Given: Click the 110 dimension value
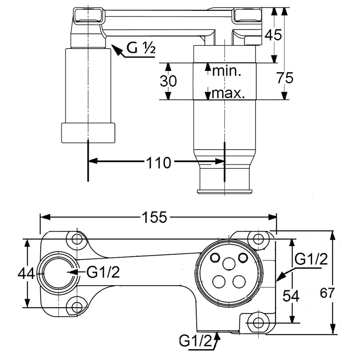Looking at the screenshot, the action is click(159, 163).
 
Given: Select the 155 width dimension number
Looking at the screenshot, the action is click(154, 217).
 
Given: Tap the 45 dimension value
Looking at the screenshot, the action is click(273, 35).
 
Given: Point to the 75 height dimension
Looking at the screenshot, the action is click(285, 78).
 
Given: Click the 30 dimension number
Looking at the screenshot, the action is click(168, 81).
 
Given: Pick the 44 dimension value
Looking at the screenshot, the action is click(26, 274).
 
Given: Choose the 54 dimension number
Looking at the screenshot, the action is click(291, 296).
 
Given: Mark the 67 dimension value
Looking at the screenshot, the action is click(327, 293).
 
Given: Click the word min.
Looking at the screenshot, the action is click(226, 71).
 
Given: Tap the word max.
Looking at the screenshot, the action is click(228, 93).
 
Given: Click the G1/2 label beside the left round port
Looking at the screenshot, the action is click(103, 272).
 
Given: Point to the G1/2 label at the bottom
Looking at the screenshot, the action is click(195, 341).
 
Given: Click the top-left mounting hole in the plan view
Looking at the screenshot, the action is click(77, 239).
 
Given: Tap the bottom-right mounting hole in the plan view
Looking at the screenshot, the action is click(258, 323).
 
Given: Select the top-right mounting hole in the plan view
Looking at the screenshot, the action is click(258, 239).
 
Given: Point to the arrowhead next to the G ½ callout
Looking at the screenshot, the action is click(116, 50).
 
